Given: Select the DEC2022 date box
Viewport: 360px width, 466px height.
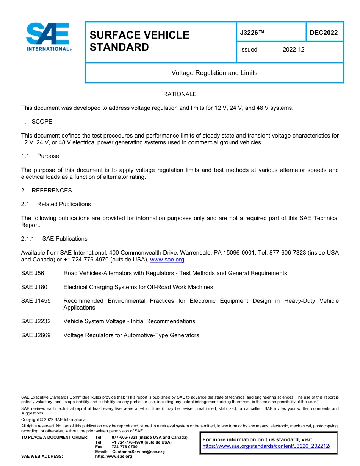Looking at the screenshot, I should pyautogui.click(x=324, y=33).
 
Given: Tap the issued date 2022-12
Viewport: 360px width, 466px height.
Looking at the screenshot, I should pyautogui.click(x=293, y=50).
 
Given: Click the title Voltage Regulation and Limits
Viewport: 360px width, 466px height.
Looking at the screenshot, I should pyautogui.click(x=214, y=73).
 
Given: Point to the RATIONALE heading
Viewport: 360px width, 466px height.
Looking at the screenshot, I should pyautogui.click(x=180, y=94).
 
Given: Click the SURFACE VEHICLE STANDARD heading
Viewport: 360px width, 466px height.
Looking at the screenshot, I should pyautogui.click(x=139, y=41).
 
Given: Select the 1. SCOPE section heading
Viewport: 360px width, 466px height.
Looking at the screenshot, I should pyautogui.click(x=37, y=122).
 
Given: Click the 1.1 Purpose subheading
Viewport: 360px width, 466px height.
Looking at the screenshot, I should pyautogui.click(x=40, y=156).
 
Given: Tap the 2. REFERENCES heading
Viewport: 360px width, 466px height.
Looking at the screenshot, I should pyautogui.click(x=46, y=191).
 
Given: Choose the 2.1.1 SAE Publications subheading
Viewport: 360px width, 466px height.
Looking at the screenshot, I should pyautogui.click(x=54, y=239).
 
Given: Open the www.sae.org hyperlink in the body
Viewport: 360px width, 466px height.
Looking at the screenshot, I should pyautogui.click(x=167, y=260).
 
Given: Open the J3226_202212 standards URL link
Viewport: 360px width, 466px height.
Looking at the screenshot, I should pyautogui.click(x=266, y=446).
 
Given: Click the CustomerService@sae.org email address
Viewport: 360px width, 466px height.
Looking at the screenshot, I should pyautogui.click(x=138, y=452).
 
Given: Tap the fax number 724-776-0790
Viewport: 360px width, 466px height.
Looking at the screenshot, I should pyautogui.click(x=124, y=447).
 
